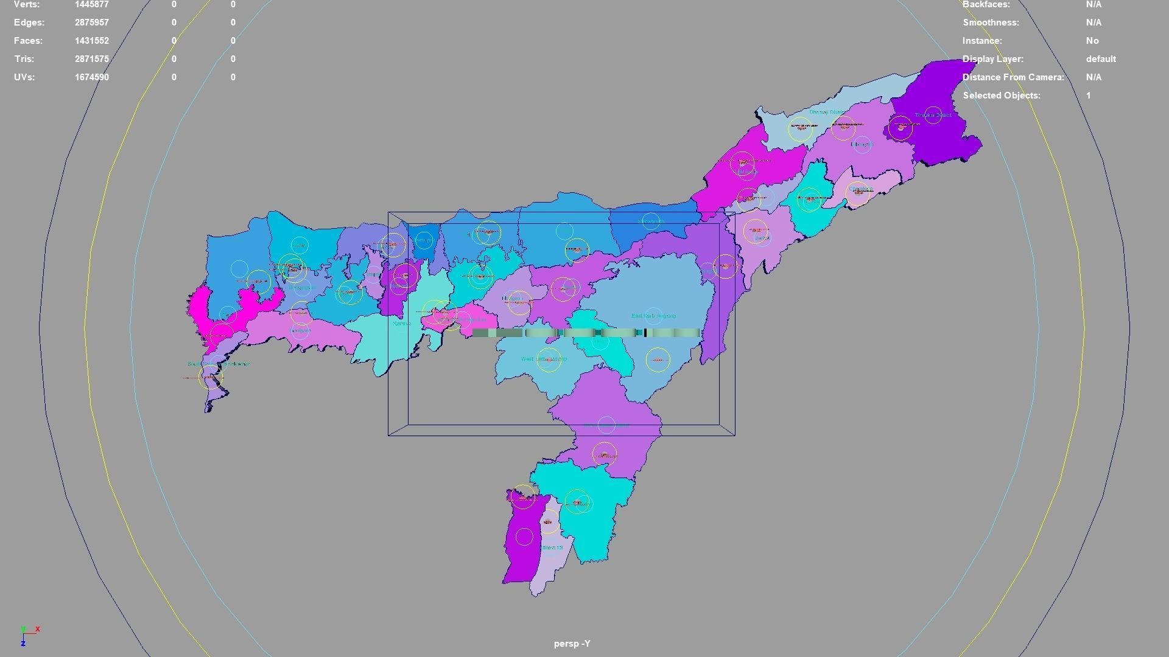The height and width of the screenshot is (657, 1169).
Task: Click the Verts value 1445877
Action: (x=91, y=4)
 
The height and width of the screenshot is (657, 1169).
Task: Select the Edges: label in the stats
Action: (x=29, y=23)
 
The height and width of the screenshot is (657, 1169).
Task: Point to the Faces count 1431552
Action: (x=91, y=41)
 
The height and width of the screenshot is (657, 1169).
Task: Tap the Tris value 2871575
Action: (x=91, y=59)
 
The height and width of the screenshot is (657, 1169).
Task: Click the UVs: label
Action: (x=24, y=77)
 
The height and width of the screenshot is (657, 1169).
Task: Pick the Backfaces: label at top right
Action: (x=986, y=4)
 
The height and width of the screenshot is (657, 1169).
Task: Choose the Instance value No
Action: (x=1092, y=41)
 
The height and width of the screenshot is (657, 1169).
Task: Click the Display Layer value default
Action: (x=1100, y=59)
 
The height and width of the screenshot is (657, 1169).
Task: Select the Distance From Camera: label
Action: (x=1013, y=77)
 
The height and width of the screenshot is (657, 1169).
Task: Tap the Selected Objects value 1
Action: (x=1089, y=96)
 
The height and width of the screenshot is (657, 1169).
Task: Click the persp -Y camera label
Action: (x=572, y=644)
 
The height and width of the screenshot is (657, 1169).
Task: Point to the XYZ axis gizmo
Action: (x=27, y=635)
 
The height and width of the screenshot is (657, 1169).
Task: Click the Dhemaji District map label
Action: (x=826, y=113)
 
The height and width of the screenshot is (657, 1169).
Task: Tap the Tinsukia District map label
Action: (x=932, y=115)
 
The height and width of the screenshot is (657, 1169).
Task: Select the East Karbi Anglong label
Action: (x=653, y=316)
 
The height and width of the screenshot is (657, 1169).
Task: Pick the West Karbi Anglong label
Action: (x=544, y=360)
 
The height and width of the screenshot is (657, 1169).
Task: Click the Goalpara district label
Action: (x=300, y=331)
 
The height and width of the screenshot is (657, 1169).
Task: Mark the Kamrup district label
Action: (x=402, y=324)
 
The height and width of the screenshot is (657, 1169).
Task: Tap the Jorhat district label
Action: (x=761, y=238)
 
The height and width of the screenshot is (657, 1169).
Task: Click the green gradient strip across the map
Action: (x=586, y=333)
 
